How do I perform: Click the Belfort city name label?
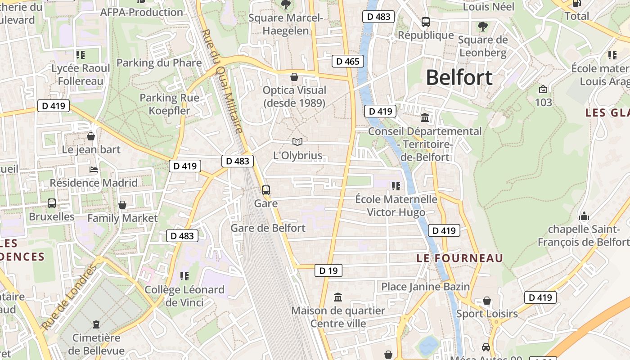coord(459,78)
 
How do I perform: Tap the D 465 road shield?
coord(348,61)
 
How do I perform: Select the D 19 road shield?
coord(328,270)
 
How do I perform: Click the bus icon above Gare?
coord(266,190)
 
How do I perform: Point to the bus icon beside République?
coord(425,22)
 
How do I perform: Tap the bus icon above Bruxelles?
coord(52,203)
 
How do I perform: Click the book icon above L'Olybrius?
coord(297,142)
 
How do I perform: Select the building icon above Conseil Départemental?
coord(424,118)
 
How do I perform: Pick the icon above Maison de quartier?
coord(338,297)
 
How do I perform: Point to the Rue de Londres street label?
coord(69,297)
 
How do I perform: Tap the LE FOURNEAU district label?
coord(459,258)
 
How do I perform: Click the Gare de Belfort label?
coord(268,228)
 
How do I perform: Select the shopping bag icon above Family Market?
coord(122,205)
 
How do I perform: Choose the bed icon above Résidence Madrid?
coord(94,170)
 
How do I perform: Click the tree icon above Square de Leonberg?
coord(483,26)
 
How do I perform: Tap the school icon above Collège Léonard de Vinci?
coord(184,276)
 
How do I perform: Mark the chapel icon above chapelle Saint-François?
coord(584,216)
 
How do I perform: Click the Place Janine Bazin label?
coord(425,287)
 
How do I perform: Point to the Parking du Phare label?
coord(159,63)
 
